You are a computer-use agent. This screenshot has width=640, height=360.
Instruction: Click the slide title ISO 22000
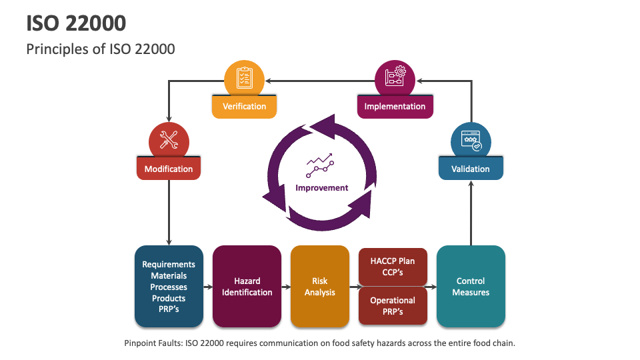tap(76, 23)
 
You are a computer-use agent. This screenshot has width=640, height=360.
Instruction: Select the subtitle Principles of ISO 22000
tap(101, 49)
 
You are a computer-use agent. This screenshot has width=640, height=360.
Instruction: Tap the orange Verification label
tap(244, 107)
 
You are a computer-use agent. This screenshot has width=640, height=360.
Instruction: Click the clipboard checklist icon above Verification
tap(244, 79)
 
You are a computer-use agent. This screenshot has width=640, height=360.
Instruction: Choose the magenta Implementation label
tap(395, 107)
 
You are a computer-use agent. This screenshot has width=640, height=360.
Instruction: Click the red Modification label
tap(169, 169)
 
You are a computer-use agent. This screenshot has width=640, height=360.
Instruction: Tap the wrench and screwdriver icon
tap(169, 140)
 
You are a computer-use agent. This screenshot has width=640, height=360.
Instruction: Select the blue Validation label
tap(471, 169)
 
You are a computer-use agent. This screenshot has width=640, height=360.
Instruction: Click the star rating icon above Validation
tap(471, 141)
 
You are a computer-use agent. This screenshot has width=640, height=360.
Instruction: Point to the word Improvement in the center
tap(321, 188)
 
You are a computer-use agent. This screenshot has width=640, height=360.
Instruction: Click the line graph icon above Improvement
tap(320, 166)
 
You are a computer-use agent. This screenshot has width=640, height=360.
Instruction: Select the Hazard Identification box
tap(247, 287)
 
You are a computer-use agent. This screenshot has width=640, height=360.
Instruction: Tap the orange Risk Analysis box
tap(320, 287)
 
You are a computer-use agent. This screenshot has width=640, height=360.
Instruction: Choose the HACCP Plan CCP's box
tap(393, 267)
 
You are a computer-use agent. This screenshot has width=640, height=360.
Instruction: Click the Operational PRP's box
tap(393, 306)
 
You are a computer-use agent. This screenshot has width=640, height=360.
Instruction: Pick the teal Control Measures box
tap(471, 287)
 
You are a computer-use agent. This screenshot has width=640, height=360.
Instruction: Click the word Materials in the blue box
tap(169, 276)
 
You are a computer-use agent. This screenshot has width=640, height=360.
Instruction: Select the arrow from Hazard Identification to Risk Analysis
tap(286, 287)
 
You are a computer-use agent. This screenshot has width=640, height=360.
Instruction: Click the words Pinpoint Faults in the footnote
tap(154, 343)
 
